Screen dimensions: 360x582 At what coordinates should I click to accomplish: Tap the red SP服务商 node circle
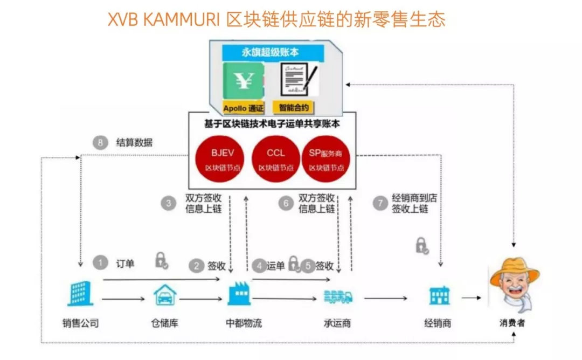[x=326, y=160]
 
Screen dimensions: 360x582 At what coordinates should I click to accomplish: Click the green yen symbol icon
[x=243, y=80]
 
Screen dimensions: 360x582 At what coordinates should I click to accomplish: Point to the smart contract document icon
[x=297, y=81]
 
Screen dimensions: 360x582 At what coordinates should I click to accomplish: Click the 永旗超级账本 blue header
[x=273, y=53]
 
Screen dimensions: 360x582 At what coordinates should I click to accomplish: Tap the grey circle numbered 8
[x=100, y=143]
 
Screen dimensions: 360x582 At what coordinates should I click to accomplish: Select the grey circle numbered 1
[x=100, y=263]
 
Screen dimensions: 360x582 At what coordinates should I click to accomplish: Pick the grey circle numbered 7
[x=380, y=203]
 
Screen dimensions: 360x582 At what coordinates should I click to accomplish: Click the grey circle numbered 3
[x=169, y=203]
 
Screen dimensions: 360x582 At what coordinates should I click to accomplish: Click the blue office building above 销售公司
[x=80, y=294]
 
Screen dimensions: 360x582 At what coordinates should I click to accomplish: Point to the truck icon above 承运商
[x=338, y=296]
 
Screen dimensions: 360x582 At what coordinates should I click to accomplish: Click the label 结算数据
[x=134, y=143]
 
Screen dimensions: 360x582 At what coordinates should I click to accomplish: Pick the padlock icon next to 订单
[x=161, y=261]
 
